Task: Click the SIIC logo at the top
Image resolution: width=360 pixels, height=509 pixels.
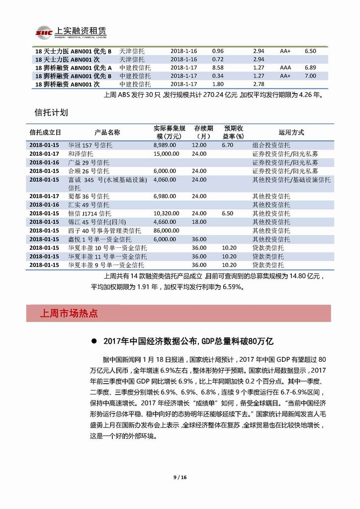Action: [x=43, y=32]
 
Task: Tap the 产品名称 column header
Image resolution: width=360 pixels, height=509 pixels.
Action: [x=107, y=132]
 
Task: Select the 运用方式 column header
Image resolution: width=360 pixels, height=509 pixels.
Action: [x=291, y=132]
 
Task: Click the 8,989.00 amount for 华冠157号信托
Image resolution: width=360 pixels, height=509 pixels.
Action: [x=165, y=145]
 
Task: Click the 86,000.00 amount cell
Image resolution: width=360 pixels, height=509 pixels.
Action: [x=167, y=230]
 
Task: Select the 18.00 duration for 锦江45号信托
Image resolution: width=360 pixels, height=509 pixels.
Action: [x=199, y=222]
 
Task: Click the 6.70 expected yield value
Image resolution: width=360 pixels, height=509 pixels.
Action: [x=228, y=145]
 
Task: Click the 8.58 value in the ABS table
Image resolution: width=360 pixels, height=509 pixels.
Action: [x=218, y=68]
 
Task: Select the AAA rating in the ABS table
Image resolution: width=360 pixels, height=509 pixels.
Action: [x=285, y=68]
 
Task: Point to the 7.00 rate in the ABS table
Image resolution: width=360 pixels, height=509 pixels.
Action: [x=310, y=76]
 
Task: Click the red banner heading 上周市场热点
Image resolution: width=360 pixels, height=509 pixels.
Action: [x=69, y=313]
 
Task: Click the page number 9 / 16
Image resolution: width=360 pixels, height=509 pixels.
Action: [x=180, y=478]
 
